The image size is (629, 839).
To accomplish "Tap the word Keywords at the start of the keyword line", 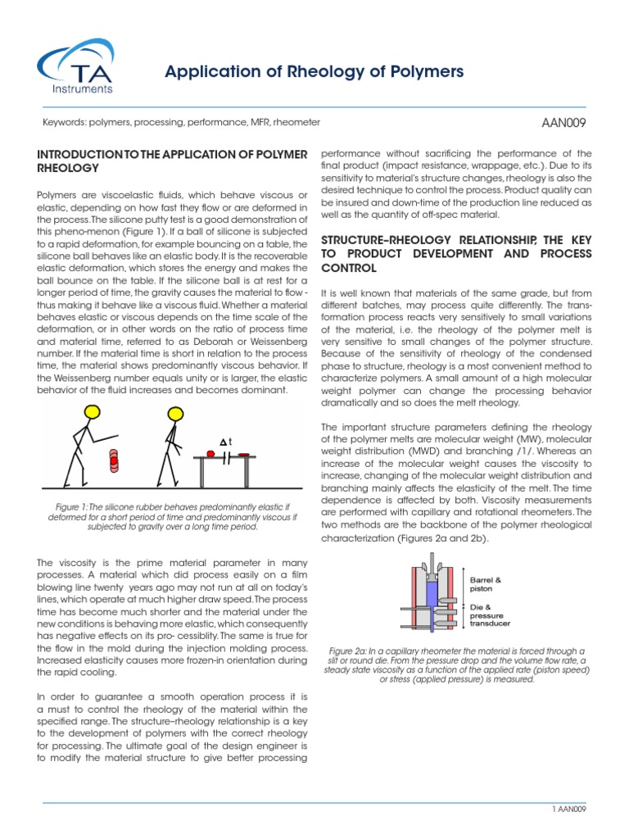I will coord(63,122).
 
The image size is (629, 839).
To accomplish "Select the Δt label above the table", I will coord(225,442).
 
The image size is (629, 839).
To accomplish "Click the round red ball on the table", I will coord(211,452).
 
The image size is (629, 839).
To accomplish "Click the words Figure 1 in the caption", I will coord(68,506).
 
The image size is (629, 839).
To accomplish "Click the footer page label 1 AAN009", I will coord(570,810).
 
